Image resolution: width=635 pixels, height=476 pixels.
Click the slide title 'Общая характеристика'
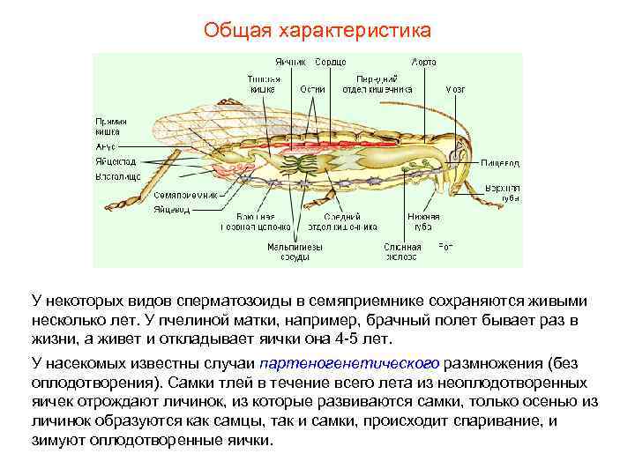click(x=317, y=31)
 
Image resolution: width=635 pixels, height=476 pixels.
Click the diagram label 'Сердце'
click(x=329, y=63)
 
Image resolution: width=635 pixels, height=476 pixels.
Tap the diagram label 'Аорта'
click(x=423, y=63)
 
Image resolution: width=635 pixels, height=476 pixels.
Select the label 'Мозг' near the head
click(x=455, y=89)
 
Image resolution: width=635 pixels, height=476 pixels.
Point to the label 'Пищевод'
click(x=500, y=163)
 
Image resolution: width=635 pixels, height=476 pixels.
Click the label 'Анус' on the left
click(x=106, y=146)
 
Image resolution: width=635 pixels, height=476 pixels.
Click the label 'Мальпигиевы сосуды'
click(x=288, y=252)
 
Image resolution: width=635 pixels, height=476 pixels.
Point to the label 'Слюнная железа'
click(x=402, y=252)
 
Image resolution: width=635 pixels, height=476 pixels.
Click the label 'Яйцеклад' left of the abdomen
click(x=116, y=162)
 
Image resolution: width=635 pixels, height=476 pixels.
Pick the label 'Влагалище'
click(x=117, y=177)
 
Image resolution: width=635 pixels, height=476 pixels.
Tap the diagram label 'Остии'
click(x=312, y=89)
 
